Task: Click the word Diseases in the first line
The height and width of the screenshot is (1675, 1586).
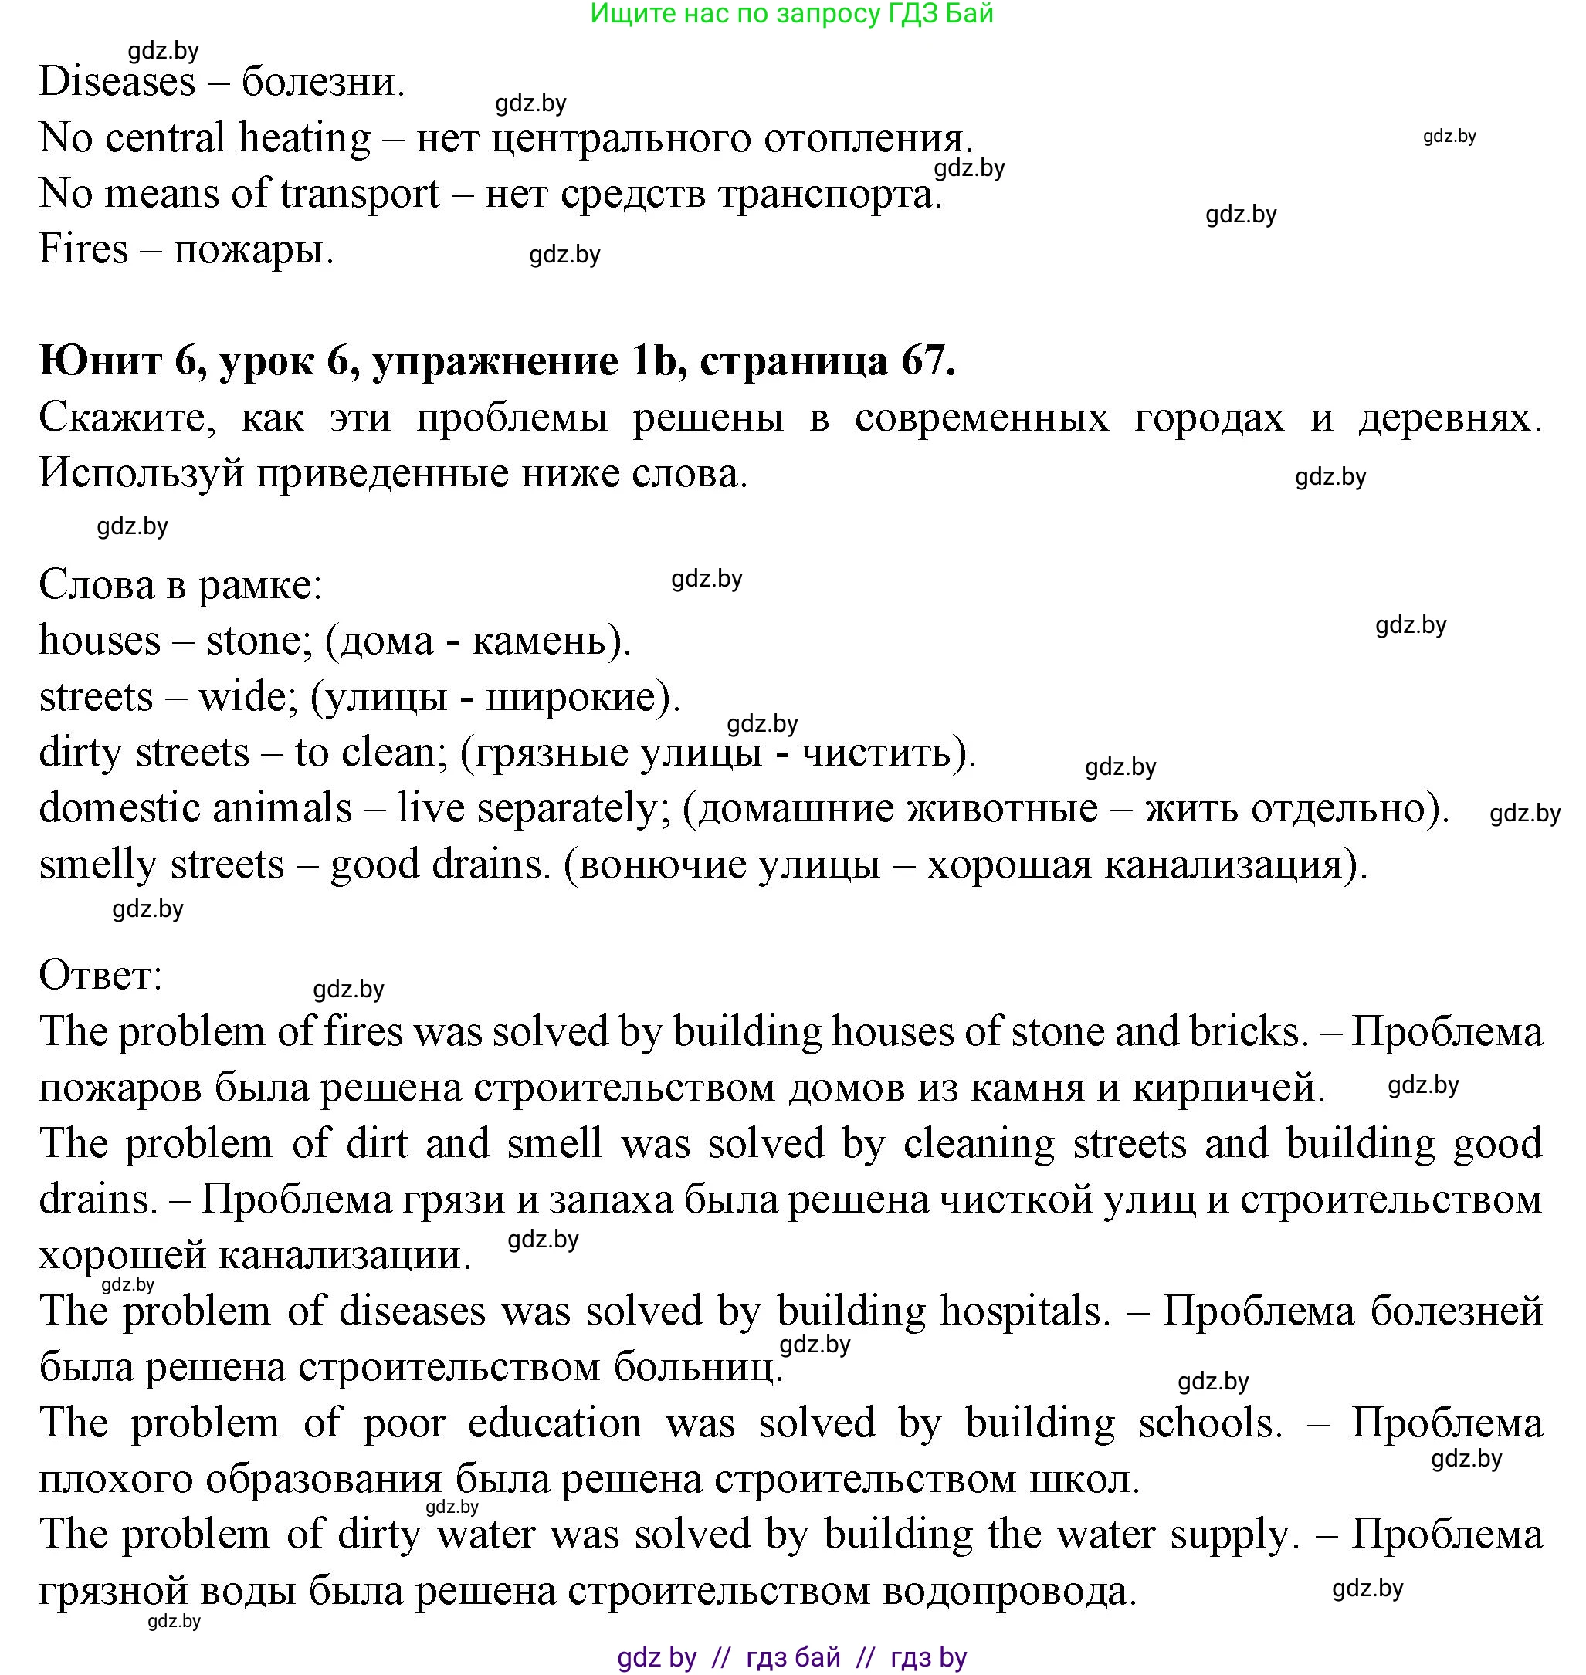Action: click(x=117, y=83)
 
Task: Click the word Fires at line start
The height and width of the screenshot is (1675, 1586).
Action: click(x=83, y=250)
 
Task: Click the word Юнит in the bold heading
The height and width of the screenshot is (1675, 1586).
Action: click(x=100, y=362)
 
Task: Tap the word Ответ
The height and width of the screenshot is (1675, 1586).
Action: click(x=100, y=976)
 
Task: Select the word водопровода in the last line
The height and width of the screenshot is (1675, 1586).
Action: click(x=1009, y=1592)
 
